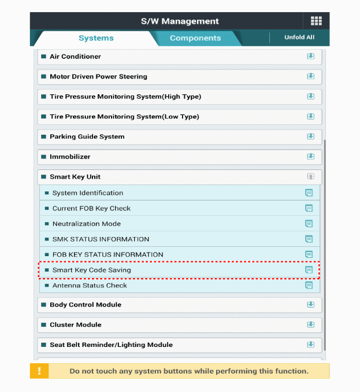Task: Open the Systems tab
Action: [96, 38]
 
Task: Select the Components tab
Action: [195, 38]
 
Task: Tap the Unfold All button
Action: [299, 38]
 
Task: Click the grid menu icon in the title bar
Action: [316, 21]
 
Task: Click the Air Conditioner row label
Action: [75, 57]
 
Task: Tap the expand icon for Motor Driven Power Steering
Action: [310, 76]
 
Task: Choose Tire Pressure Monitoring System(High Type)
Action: [125, 97]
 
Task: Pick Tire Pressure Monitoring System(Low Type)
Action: [124, 117]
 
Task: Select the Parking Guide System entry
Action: [87, 137]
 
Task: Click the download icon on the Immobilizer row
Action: [310, 157]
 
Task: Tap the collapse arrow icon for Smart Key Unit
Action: [310, 177]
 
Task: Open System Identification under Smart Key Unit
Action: [87, 193]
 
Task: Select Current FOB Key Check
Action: [91, 208]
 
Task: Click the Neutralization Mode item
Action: [87, 224]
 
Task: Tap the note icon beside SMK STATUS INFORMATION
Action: [309, 239]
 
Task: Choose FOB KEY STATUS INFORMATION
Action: [107, 254]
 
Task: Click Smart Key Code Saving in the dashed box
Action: [91, 270]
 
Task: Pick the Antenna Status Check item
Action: [90, 286]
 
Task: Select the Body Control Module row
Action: [86, 305]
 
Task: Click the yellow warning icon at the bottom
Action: [39, 371]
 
